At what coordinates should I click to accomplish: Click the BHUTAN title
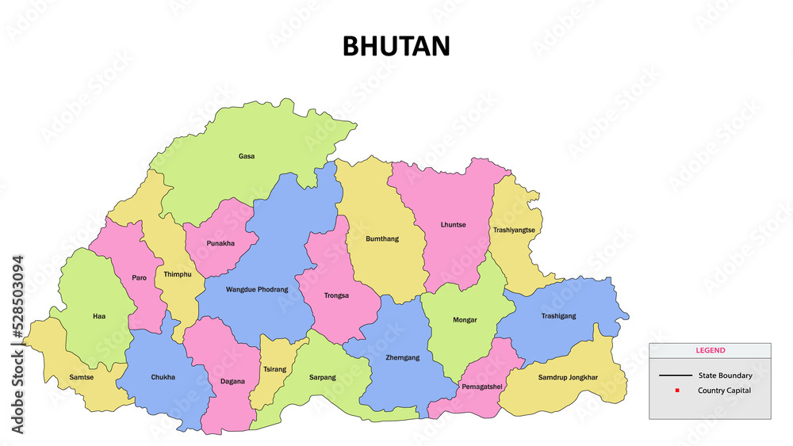[x=396, y=46]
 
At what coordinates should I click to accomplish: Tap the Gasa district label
[x=247, y=156]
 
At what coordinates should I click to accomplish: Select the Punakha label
[x=220, y=243]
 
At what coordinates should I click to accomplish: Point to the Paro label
[x=140, y=277]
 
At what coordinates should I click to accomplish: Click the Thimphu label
[x=178, y=274]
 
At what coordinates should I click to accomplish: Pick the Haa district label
[x=98, y=316]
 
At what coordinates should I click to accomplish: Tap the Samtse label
[x=81, y=377]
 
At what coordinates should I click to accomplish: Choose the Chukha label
[x=163, y=377]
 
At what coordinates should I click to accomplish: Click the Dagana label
[x=232, y=381]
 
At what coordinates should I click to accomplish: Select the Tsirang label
[x=274, y=369]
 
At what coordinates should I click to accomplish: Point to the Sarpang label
[x=322, y=377]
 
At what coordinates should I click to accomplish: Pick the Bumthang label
[x=382, y=238]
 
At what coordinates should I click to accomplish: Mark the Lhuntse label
[x=453, y=224]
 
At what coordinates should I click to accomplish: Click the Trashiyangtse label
[x=514, y=230]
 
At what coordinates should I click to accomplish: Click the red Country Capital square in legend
[x=676, y=391]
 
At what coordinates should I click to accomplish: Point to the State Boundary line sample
[x=675, y=375]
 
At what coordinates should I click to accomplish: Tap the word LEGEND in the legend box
[x=710, y=350]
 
